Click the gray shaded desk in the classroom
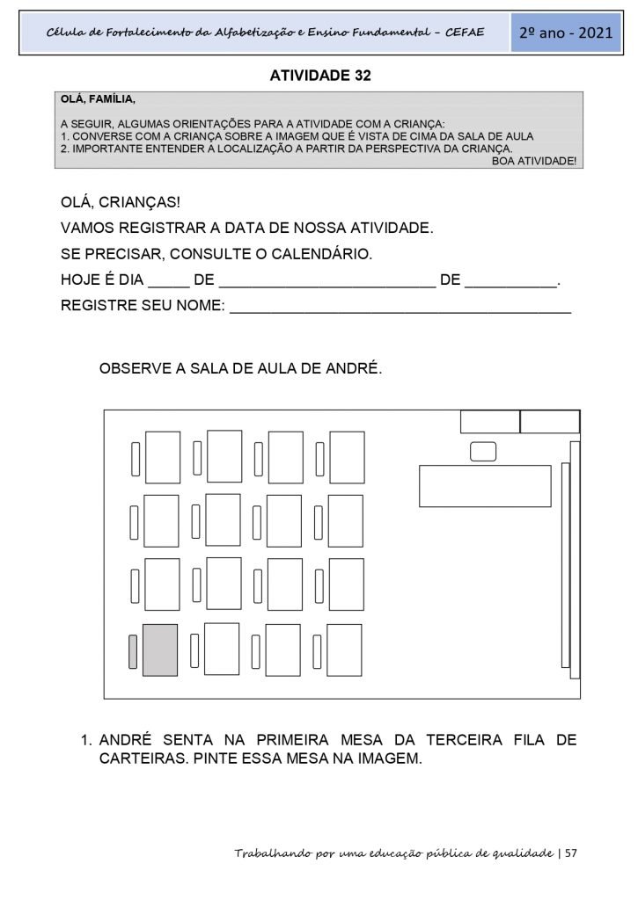coord(160,650)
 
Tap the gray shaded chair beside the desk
coord(133,651)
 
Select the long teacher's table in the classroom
coord(484,486)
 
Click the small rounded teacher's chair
coord(483,452)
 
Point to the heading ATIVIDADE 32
coord(320,76)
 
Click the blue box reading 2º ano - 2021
coord(566,33)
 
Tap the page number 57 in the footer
coord(570,853)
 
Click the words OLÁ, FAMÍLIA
coord(98,99)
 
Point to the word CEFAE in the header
coord(478,33)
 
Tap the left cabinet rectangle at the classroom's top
coord(490,422)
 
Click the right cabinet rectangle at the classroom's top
coord(549,422)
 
